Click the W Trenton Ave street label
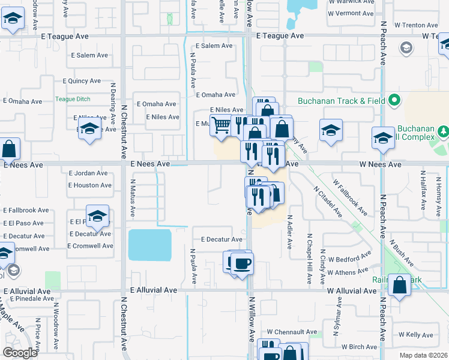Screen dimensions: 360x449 [416, 25]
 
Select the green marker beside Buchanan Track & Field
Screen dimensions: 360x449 [394, 100]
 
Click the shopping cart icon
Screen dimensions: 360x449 [221, 125]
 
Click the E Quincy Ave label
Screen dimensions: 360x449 [82, 81]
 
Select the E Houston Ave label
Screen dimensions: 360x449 [90, 185]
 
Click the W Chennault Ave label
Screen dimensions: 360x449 [292, 332]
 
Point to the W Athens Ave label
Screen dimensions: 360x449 [347, 272]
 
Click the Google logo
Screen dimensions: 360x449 [20, 353]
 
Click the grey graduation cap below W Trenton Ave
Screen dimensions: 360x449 [406, 47]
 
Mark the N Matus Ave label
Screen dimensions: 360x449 [133, 203]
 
